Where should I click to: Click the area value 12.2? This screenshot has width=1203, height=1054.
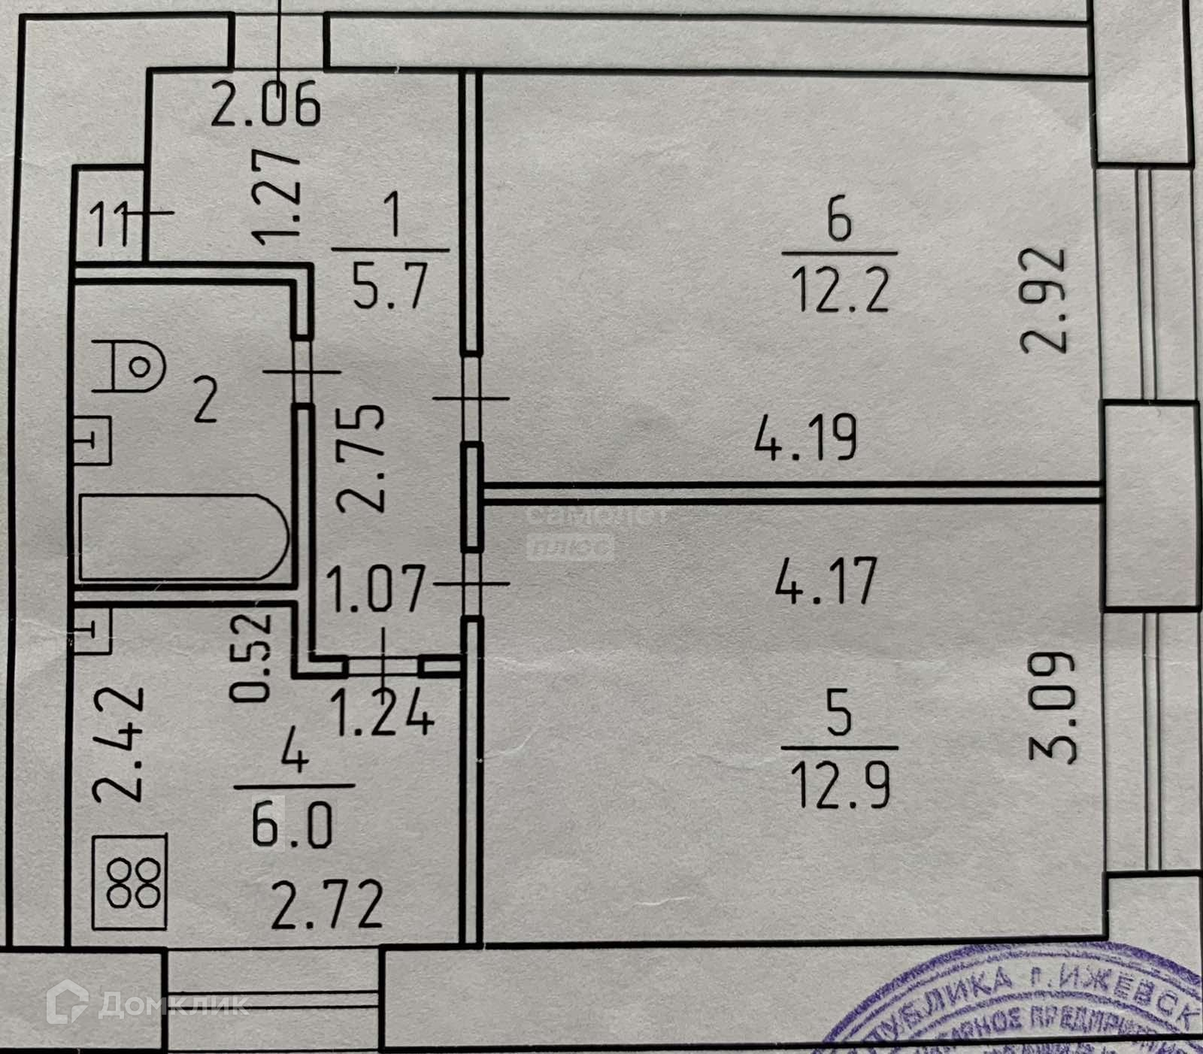coord(841,292)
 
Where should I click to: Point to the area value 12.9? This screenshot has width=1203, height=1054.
coord(841,787)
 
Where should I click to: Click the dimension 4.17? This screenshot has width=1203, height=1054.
coord(826,581)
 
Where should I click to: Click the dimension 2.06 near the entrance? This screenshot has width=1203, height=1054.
coord(265,105)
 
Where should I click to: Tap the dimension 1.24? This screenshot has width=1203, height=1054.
coord(382,713)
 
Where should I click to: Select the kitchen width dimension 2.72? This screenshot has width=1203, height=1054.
coord(327,906)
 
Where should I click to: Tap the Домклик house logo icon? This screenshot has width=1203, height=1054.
coord(68,1002)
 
